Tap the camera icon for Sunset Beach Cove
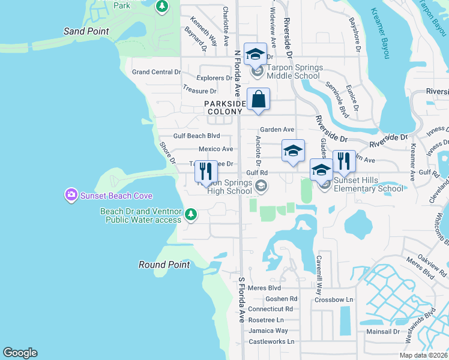(71, 195)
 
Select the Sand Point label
(86, 31)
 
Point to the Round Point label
(164, 265)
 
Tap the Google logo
(20, 353)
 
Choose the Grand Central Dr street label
(156, 72)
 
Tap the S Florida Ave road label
(242, 300)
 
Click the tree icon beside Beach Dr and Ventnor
(191, 214)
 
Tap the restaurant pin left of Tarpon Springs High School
(206, 172)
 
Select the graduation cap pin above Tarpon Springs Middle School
(255, 55)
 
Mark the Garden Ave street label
(277, 130)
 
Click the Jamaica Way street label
(269, 331)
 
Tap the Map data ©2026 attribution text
(423, 355)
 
